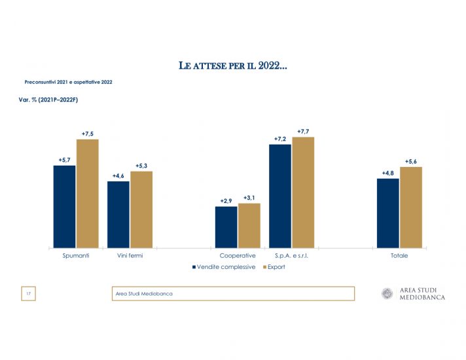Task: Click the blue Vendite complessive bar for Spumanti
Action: [x=65, y=207]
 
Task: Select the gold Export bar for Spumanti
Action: [x=87, y=194]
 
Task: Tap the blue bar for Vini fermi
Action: [x=118, y=215]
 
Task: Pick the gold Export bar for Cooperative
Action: [x=249, y=226]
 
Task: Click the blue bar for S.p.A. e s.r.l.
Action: [x=280, y=196]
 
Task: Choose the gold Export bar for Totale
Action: [x=411, y=207]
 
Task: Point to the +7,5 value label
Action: [x=88, y=134]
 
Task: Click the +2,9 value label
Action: [x=226, y=201]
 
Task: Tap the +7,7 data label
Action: [x=303, y=132]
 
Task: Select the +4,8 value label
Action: [x=388, y=173]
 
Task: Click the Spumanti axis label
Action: [x=76, y=256]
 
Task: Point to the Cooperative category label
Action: [x=238, y=256]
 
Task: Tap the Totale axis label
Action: [x=399, y=256]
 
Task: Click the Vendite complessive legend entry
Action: [x=223, y=267]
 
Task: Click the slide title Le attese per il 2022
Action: [x=232, y=66]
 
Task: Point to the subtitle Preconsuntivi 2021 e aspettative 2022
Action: [x=68, y=83]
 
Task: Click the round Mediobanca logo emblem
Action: [x=387, y=293]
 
